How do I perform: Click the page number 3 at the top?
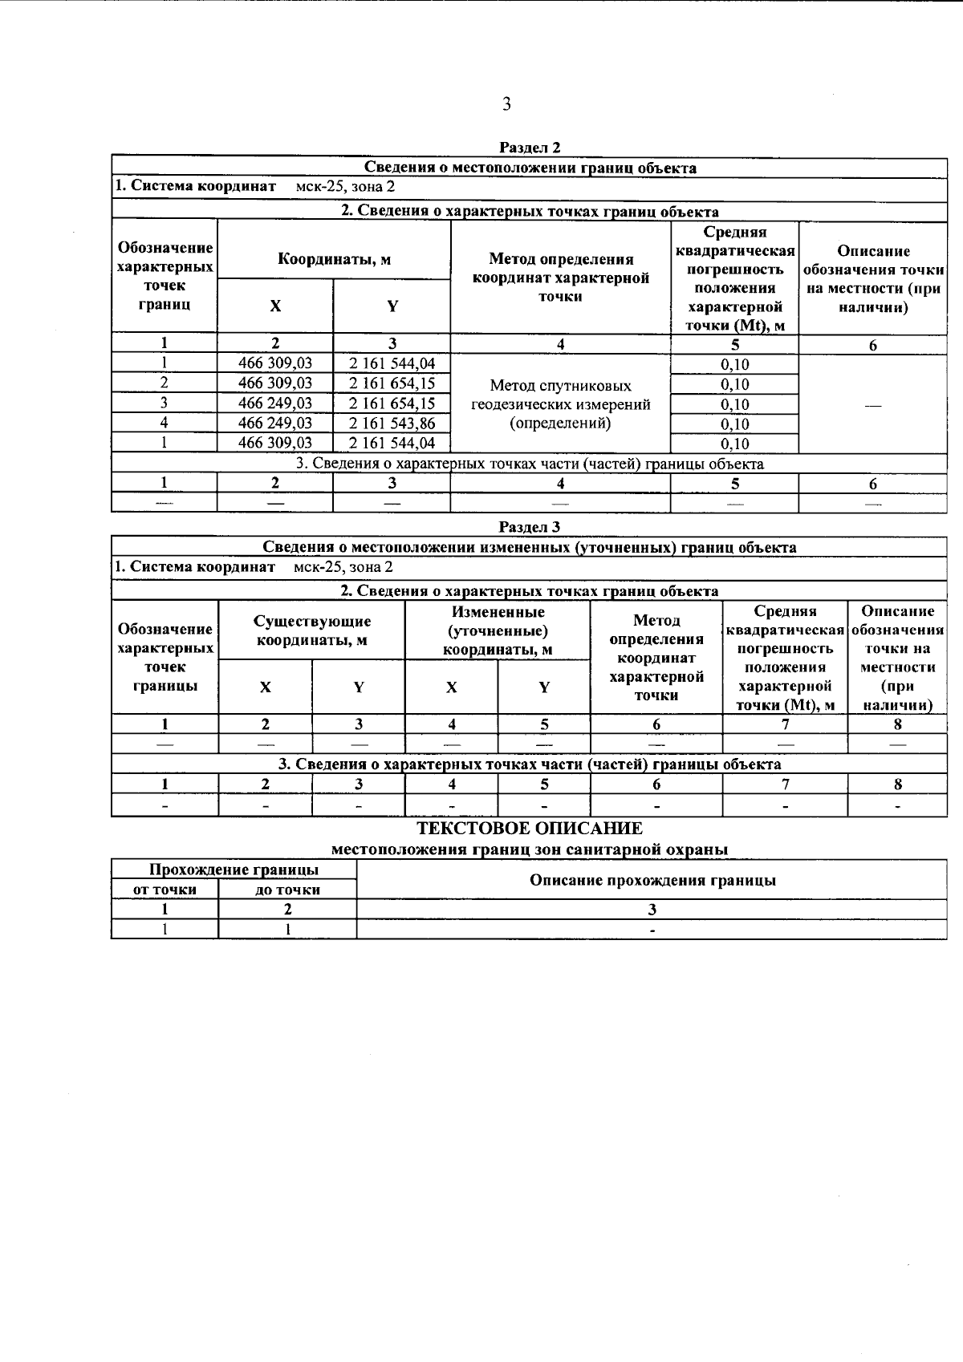pyautogui.click(x=506, y=103)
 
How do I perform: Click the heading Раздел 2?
pyautogui.click(x=530, y=148)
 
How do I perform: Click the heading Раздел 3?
pyautogui.click(x=530, y=527)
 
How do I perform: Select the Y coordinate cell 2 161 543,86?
pyautogui.click(x=392, y=423)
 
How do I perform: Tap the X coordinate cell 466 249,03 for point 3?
pyautogui.click(x=275, y=403)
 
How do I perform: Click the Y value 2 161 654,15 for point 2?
pyautogui.click(x=392, y=383)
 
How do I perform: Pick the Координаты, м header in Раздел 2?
pyautogui.click(x=334, y=259)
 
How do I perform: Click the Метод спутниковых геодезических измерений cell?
pyautogui.click(x=560, y=404)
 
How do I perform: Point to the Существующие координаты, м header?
pyautogui.click(x=312, y=630)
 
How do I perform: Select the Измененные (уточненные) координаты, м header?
pyautogui.click(x=498, y=630)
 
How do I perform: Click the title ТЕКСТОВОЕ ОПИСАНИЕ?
pyautogui.click(x=530, y=829)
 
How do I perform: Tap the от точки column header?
pyautogui.click(x=165, y=890)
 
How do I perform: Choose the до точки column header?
pyautogui.click(x=287, y=890)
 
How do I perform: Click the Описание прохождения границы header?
pyautogui.click(x=652, y=880)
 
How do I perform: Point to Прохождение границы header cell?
pyautogui.click(x=234, y=870)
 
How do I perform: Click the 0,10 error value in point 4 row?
pyautogui.click(x=734, y=424)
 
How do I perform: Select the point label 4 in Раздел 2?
pyautogui.click(x=164, y=423)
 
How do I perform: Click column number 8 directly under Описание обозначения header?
pyautogui.click(x=897, y=724)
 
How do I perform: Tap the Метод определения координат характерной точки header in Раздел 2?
pyautogui.click(x=560, y=278)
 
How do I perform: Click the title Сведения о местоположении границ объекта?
pyautogui.click(x=530, y=168)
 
